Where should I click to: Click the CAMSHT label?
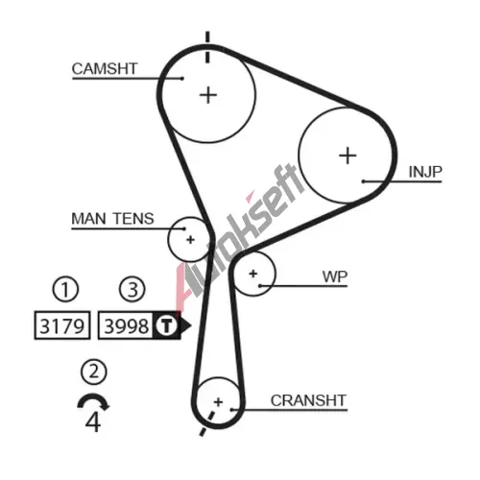(x=105, y=69)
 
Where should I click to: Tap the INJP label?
(x=425, y=172)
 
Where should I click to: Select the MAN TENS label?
(x=112, y=219)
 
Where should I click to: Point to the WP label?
(x=335, y=276)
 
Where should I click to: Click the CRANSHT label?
(x=308, y=400)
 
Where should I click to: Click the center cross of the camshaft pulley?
(x=208, y=95)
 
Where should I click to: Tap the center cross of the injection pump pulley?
(x=348, y=156)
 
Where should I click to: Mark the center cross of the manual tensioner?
(x=190, y=239)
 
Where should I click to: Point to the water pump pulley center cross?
(x=253, y=274)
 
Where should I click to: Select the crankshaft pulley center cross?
(x=218, y=402)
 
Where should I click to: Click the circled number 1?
(x=65, y=289)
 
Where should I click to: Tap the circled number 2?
(x=94, y=372)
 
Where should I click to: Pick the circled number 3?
(x=132, y=289)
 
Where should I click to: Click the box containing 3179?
(x=62, y=325)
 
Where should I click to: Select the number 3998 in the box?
(x=127, y=326)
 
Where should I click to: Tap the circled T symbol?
(x=166, y=325)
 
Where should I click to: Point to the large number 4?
(x=93, y=421)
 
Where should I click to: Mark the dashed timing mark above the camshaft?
(x=207, y=47)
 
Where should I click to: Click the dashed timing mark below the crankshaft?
(x=206, y=424)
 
